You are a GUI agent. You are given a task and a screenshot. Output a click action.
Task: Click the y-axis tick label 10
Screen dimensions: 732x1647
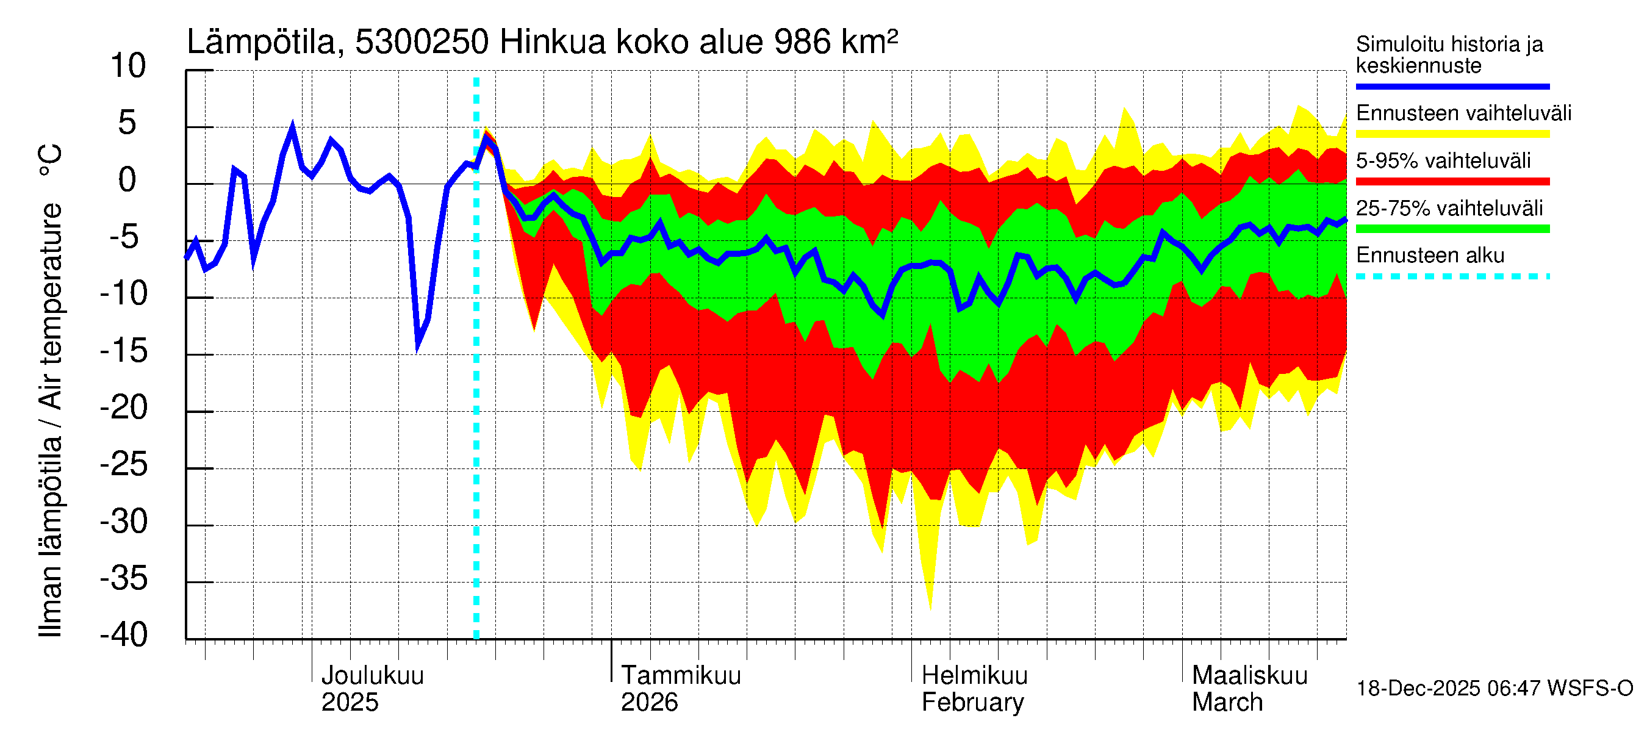pos(128,66)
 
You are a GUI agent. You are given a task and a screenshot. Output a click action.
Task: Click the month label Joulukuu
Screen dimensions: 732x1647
pos(372,676)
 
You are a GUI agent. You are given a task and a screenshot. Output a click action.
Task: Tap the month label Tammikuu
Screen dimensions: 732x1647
pos(681,676)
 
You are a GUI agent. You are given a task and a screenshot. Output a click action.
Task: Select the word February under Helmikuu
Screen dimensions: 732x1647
pos(972,703)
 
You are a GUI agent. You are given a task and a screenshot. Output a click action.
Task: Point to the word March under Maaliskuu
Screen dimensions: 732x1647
pos(1227,703)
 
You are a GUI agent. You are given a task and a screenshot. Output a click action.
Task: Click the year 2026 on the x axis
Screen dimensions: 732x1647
pos(649,703)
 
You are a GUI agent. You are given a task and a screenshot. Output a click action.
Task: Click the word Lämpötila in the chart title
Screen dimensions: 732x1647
pos(261,42)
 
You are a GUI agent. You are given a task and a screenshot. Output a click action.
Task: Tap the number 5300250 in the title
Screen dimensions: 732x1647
pos(422,42)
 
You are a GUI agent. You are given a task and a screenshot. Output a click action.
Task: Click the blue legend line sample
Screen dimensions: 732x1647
pos(1452,86)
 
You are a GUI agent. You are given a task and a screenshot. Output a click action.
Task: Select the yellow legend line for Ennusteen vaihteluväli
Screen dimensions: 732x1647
pos(1452,134)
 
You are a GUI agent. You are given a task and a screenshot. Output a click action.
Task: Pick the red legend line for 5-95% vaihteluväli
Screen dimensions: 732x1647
pos(1452,182)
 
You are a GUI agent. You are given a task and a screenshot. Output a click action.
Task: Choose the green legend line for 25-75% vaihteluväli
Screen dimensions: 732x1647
pos(1452,229)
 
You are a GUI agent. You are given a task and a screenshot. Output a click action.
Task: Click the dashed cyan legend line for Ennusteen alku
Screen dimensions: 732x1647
pos(1452,277)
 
